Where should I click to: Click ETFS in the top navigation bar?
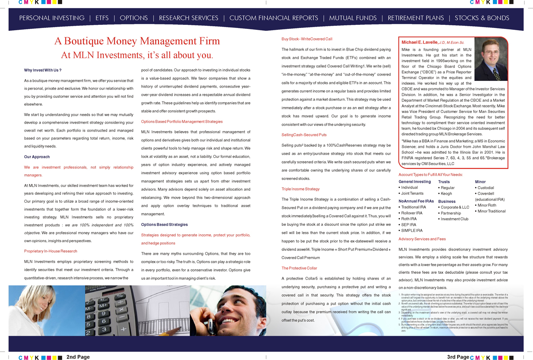coord(102,18)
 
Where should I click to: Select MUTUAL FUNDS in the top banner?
coord(353,18)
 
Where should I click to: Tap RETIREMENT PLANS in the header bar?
coord(416,18)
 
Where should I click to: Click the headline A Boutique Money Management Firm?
coord(137,41)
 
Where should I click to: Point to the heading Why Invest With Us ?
coord(43,70)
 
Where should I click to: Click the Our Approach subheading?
coord(37,157)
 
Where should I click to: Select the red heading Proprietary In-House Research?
coord(51,252)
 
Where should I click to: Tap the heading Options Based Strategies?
coord(164,225)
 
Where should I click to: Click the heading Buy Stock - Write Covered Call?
coord(307,39)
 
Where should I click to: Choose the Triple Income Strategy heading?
coord(301,189)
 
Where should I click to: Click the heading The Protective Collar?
coord(299,268)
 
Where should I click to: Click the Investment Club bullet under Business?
coord(454,219)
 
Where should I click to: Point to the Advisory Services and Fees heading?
coord(422,239)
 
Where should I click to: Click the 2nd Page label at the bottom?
coord(78,357)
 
